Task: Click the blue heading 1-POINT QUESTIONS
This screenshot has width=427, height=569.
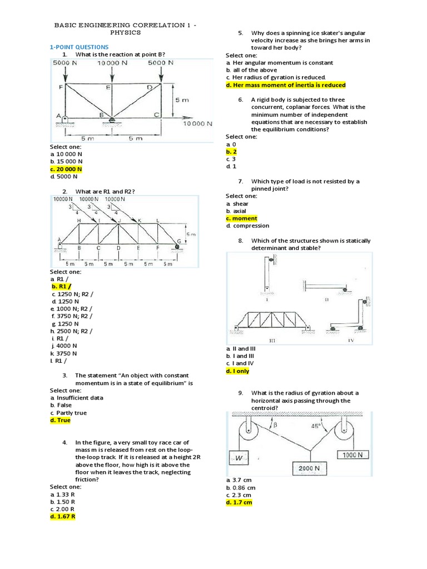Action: [79, 47]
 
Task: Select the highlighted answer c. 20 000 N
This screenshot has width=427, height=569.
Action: [66, 169]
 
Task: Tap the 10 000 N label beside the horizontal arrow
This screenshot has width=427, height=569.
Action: [197, 124]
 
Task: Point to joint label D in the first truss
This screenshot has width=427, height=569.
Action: [149, 87]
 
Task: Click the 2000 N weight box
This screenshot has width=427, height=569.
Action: [310, 468]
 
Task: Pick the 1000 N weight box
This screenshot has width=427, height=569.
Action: [353, 454]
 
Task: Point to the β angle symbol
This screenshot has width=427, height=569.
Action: [274, 426]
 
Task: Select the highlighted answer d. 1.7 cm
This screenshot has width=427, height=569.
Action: [239, 502]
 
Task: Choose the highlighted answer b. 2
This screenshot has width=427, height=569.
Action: [231, 151]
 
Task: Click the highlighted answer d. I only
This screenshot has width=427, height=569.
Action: [237, 371]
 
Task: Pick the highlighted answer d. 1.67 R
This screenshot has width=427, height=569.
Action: [62, 516]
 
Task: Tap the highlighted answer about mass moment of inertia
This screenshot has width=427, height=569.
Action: [286, 85]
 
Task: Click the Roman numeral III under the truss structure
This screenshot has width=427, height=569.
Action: [272, 340]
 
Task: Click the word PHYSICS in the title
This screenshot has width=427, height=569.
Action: [126, 33]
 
